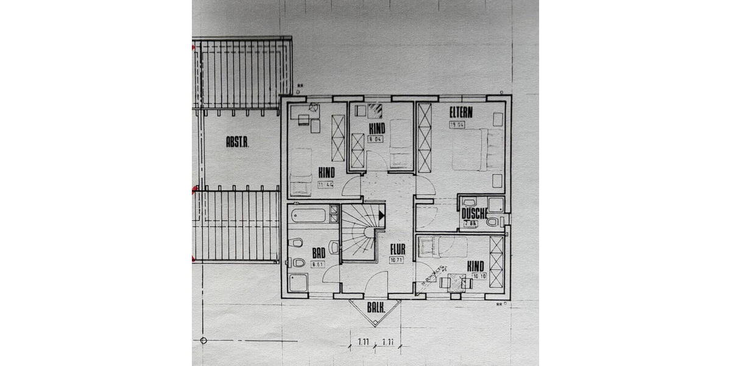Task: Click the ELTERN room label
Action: coord(462,112)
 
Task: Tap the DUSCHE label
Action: coord(473,213)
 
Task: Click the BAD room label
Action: coord(318,253)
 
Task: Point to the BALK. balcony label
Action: coord(375,309)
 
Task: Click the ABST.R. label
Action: coord(238,143)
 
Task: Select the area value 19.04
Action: coord(457,124)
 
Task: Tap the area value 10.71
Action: coord(396,259)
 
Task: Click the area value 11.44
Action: coord(325,184)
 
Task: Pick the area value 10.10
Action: coord(480,276)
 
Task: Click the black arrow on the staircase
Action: coord(382,215)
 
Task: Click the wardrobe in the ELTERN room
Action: coord(423,138)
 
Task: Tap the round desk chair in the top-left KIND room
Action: coord(313,109)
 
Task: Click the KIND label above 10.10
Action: coord(475,266)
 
